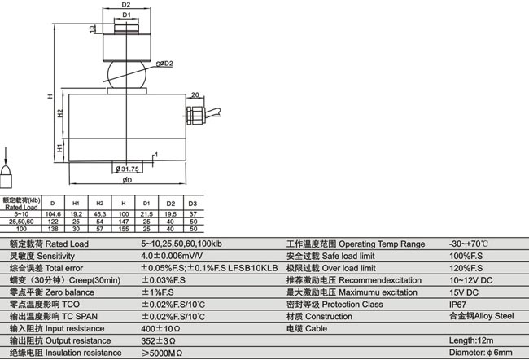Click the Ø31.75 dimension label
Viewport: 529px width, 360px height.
pos(129,169)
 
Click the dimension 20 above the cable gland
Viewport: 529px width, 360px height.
pos(195,95)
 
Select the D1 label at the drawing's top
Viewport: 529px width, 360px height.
pos(126,15)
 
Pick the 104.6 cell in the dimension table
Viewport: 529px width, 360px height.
pos(53,214)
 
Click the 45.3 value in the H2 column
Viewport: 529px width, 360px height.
pos(99,214)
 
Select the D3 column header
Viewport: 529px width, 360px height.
pos(193,202)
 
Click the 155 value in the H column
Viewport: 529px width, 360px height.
pos(123,229)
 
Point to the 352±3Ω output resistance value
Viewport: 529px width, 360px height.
pos(160,340)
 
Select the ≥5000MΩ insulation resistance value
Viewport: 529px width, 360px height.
pos(164,353)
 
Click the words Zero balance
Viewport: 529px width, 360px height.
pos(69,292)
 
